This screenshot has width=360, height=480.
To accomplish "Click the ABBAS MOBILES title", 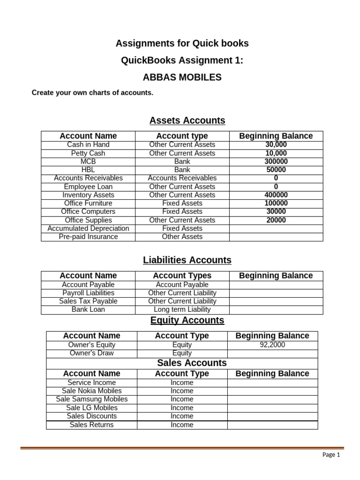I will click(182, 77).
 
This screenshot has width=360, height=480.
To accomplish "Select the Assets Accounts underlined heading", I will click(187, 120).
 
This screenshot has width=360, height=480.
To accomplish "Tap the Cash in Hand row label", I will click(88, 145).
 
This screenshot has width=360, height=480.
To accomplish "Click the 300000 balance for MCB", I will click(276, 162).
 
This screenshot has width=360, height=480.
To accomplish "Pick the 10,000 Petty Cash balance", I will click(276, 153).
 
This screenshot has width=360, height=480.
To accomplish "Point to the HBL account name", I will click(88, 170).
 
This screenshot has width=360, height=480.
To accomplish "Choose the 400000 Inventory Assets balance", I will click(276, 195).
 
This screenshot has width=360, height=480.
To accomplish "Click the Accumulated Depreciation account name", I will click(88, 228).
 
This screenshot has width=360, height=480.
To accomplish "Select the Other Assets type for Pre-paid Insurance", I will click(182, 237).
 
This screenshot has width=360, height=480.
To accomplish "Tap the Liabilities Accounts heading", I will click(187, 260).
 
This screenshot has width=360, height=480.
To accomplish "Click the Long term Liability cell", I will click(182, 309).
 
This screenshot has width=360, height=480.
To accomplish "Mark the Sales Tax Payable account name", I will click(88, 301).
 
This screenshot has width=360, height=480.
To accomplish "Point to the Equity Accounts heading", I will click(187, 320).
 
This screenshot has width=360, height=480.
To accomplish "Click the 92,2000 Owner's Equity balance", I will click(272, 345).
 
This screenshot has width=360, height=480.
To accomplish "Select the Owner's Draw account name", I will click(91, 353).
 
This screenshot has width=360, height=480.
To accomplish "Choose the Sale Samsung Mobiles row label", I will click(91, 399).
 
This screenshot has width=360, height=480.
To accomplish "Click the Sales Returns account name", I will click(91, 425).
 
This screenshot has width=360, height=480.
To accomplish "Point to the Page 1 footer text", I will click(331, 455).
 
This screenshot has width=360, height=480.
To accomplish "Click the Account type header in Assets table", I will click(182, 136).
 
